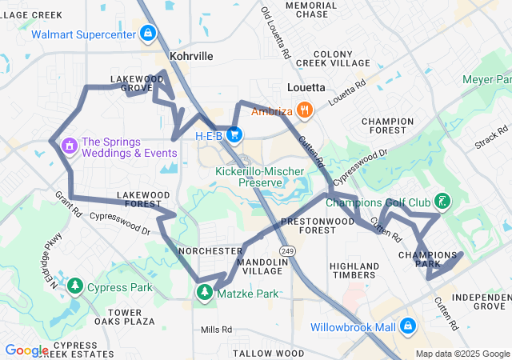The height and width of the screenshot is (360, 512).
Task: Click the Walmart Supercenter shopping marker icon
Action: pyautogui.click(x=147, y=34)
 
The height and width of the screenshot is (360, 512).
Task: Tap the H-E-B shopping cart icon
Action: pyautogui.click(x=234, y=134)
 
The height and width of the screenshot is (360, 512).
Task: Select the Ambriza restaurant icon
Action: pyautogui.click(x=303, y=110)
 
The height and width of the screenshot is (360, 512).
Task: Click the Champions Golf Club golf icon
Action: pyautogui.click(x=442, y=200)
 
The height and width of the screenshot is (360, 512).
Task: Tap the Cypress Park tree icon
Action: pyautogui.click(x=75, y=286)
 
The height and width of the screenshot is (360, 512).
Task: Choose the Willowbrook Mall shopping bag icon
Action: pyautogui.click(x=408, y=326)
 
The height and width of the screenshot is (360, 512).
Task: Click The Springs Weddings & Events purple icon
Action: pyautogui.click(x=69, y=146)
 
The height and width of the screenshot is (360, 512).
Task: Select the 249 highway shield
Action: pyautogui.click(x=287, y=251)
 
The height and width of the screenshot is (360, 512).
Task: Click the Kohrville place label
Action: pyautogui.click(x=192, y=57)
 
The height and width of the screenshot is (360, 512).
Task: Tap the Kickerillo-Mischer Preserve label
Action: pyautogui.click(x=250, y=177)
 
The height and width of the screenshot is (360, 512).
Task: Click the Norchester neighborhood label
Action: pyautogui.click(x=210, y=250)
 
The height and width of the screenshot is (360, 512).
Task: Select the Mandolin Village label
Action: pyautogui.click(x=262, y=266)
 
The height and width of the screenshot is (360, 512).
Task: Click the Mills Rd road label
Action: pyautogui.click(x=216, y=329)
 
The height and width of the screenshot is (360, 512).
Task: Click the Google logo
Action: pyautogui.click(x=26, y=350)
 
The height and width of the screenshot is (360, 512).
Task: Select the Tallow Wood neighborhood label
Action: pyautogui.click(x=268, y=353)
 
